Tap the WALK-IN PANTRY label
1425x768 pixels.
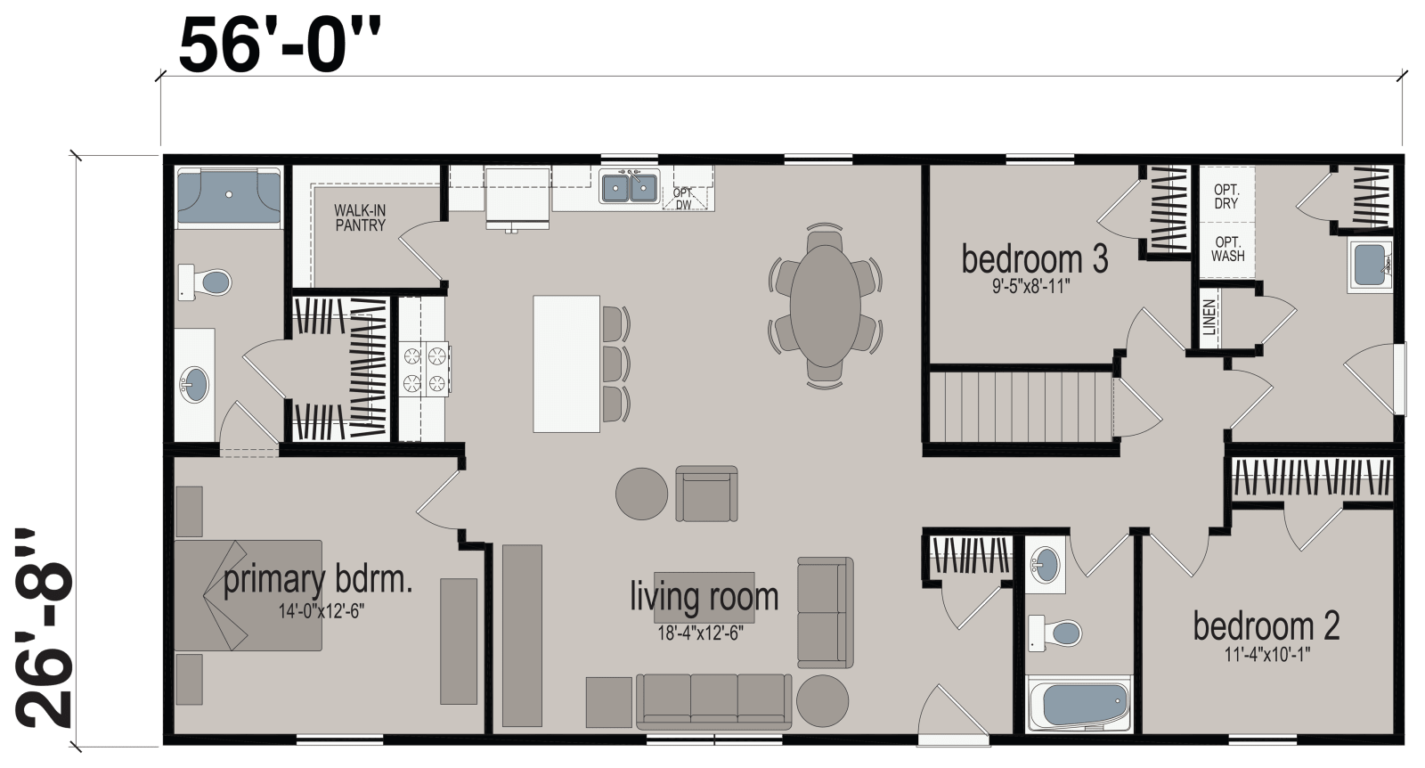pos(360,218)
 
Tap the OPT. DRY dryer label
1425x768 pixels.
pos(1226,197)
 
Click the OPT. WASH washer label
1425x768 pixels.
pos(1227,249)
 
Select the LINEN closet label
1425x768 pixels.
pos(1209,316)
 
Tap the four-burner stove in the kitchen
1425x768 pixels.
pos(425,370)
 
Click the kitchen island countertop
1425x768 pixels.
pos(566,364)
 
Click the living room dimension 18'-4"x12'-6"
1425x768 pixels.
pos(699,633)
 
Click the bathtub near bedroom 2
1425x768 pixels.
pos(1077,705)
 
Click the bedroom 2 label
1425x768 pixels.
pos(1266,626)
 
